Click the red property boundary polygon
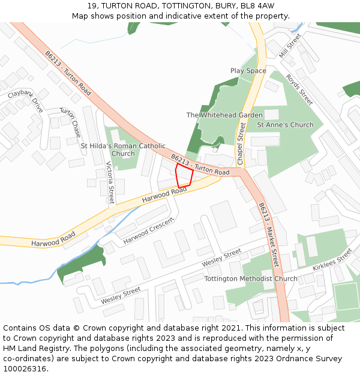184,176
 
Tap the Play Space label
248,71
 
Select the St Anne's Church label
285,125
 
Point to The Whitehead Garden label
224,115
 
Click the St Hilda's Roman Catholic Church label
123,149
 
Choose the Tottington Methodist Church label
251,279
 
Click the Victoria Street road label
110,182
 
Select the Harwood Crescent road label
148,231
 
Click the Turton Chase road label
70,122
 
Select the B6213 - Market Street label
268,235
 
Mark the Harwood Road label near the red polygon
164,194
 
